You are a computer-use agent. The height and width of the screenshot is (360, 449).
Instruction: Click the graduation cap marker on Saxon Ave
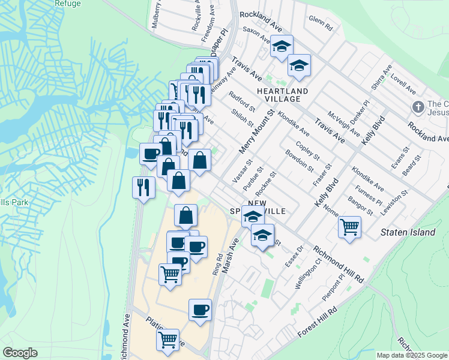click(x=280, y=47)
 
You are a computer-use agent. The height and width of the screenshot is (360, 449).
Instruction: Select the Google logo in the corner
click(x=20, y=353)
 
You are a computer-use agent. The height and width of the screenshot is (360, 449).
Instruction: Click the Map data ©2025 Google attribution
click(x=412, y=355)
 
